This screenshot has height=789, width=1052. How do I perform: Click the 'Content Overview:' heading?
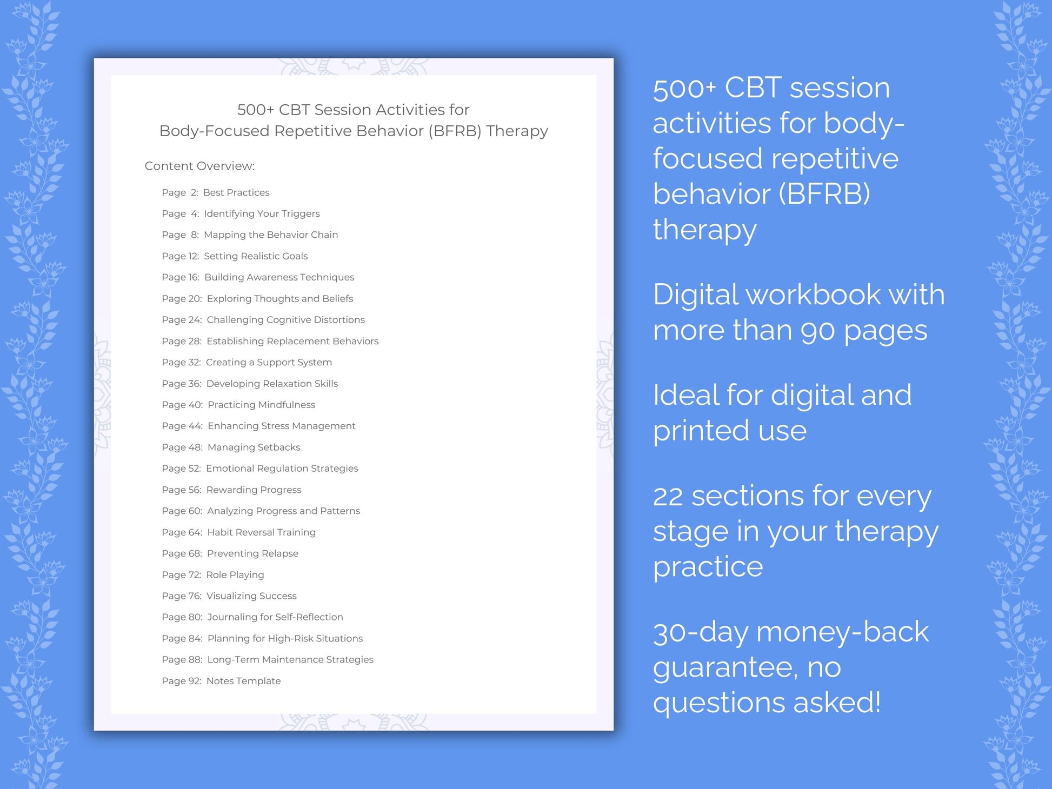199,166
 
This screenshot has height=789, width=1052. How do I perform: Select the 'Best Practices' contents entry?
236,192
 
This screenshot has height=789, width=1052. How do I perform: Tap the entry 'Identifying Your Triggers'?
262,213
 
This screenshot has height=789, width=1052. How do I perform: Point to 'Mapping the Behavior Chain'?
270,235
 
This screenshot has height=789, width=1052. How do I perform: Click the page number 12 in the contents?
193,256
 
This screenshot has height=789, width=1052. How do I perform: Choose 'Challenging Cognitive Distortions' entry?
285,319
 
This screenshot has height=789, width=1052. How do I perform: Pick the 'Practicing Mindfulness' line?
261,405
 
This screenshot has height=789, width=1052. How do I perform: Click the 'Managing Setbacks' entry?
254,447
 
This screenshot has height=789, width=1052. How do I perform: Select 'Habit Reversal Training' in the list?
261,532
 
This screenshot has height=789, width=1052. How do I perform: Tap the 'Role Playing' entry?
235,574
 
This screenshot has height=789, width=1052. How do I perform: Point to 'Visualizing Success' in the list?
251,596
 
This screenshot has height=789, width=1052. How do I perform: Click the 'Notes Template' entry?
243,681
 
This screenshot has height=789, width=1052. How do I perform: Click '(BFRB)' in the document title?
455,131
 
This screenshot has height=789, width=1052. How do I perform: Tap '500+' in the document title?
255,110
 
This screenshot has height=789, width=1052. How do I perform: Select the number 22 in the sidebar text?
668,497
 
